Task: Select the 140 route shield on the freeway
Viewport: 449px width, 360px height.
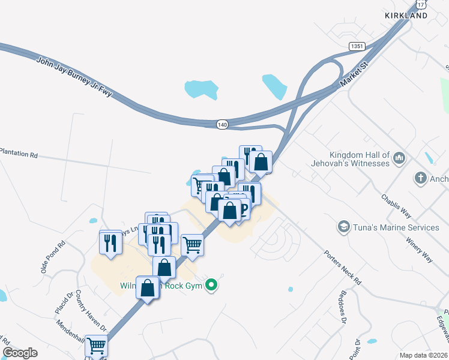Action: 223,124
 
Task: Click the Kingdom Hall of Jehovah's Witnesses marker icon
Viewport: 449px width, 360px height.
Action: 400,158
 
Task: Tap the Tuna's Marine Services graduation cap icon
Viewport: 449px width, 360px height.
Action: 343,227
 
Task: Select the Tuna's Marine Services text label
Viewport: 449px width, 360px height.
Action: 396,227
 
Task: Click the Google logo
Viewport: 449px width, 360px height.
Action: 20,353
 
